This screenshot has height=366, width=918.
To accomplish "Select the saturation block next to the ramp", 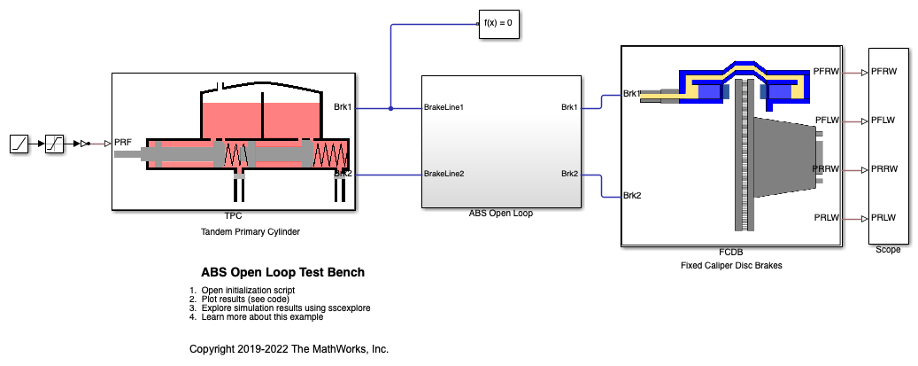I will [x=55, y=143].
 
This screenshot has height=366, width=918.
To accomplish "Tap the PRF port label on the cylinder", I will [x=123, y=142].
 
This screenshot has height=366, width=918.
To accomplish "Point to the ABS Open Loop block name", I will [x=501, y=214].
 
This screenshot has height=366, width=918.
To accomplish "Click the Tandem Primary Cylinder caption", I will [x=234, y=231].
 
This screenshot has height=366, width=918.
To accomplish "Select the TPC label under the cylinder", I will [x=233, y=215].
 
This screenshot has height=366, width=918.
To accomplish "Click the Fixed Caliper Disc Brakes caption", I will [x=731, y=265].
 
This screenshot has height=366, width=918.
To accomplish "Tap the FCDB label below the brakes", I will [x=730, y=253].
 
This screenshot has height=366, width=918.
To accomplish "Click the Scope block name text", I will [x=887, y=250].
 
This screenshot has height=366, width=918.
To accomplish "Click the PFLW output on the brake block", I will [x=827, y=121].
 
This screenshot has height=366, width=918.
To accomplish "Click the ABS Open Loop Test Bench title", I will [x=283, y=272].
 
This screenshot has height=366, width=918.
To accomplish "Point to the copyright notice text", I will [x=289, y=348].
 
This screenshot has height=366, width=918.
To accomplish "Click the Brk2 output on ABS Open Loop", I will [x=569, y=174].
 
